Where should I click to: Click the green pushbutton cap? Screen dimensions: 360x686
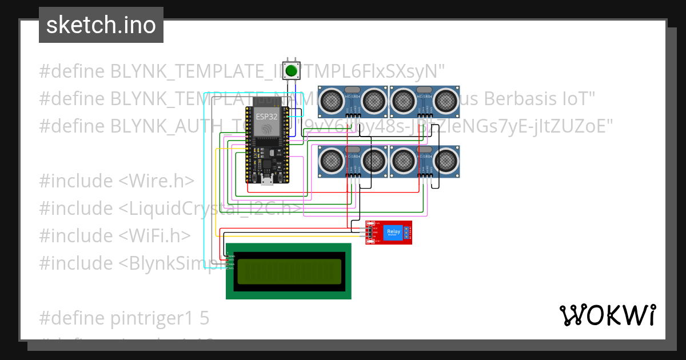(292, 71)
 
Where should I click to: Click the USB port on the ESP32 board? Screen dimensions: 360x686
(267, 181)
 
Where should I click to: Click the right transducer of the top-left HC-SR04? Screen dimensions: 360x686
(373, 101)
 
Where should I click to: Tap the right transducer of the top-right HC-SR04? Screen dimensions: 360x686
(445, 101)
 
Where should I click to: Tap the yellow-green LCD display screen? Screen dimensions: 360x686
(289, 270)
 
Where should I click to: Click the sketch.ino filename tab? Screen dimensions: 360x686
(101, 25)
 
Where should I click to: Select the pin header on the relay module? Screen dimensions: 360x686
(370, 233)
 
